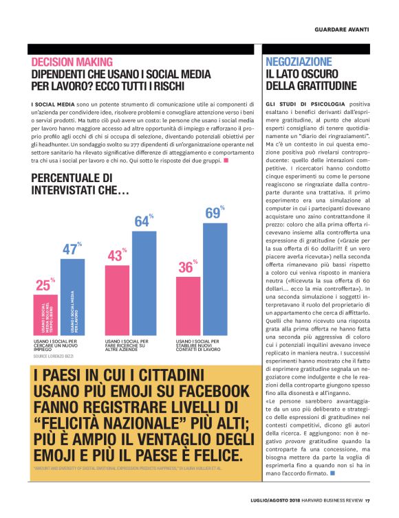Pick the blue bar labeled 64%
(x=144, y=282)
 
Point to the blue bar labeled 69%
(x=215, y=279)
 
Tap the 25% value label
(x=44, y=284)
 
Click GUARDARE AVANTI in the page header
(x=342, y=30)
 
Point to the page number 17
(x=368, y=499)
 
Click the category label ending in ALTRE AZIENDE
(x=126, y=346)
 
